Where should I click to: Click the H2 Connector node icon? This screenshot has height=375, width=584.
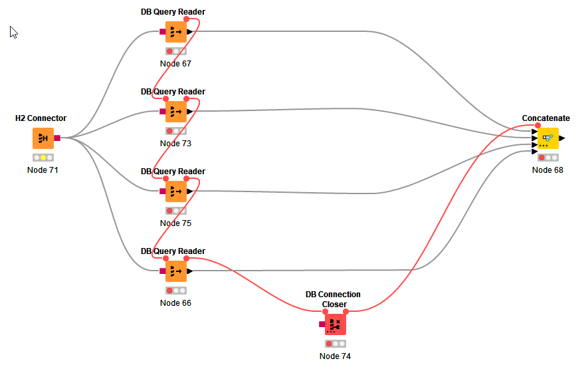pos(43,138)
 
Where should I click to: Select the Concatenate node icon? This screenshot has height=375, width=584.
pos(548,138)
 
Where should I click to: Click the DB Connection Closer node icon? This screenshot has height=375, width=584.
pos(336,324)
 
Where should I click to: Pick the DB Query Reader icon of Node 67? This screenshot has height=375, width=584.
pos(176,32)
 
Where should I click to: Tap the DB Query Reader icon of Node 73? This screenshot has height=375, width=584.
pos(176,112)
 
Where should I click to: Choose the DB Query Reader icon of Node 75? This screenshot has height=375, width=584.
pos(176,191)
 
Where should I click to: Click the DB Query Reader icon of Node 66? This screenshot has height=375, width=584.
pos(176,271)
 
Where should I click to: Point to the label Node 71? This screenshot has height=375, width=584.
pos(43,170)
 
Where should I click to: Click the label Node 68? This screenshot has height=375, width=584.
pos(547,170)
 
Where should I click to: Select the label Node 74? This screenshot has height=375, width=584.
pos(335,356)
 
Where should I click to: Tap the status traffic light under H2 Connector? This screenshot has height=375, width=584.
pos(43,158)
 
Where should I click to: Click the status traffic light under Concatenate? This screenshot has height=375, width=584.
pos(548,158)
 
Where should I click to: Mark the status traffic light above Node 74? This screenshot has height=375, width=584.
pos(336,344)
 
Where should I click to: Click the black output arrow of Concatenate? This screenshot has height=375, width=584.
pos(562,138)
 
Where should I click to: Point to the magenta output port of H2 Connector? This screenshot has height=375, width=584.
pos(57,138)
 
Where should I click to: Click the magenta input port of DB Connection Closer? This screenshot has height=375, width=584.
pos(322,324)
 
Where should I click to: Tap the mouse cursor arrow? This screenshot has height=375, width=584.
pos(13,32)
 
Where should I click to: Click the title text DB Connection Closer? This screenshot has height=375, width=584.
pos(333,299)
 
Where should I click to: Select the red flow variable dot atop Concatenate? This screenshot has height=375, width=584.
pos(537,126)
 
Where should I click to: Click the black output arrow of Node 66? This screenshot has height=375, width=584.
pos(189,271)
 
